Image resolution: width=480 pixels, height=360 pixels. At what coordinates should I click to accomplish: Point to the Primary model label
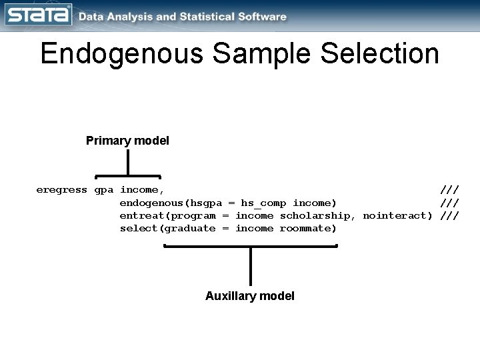(127, 141)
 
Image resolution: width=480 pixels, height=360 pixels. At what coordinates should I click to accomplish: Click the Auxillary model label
(250, 295)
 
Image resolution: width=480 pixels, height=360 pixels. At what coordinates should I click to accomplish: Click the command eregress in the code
(61, 189)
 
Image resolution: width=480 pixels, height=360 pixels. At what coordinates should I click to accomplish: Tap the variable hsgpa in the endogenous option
(206, 203)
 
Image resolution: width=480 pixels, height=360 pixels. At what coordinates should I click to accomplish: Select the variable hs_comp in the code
(263, 203)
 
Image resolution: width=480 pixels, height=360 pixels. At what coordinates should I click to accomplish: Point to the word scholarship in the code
(317, 215)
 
